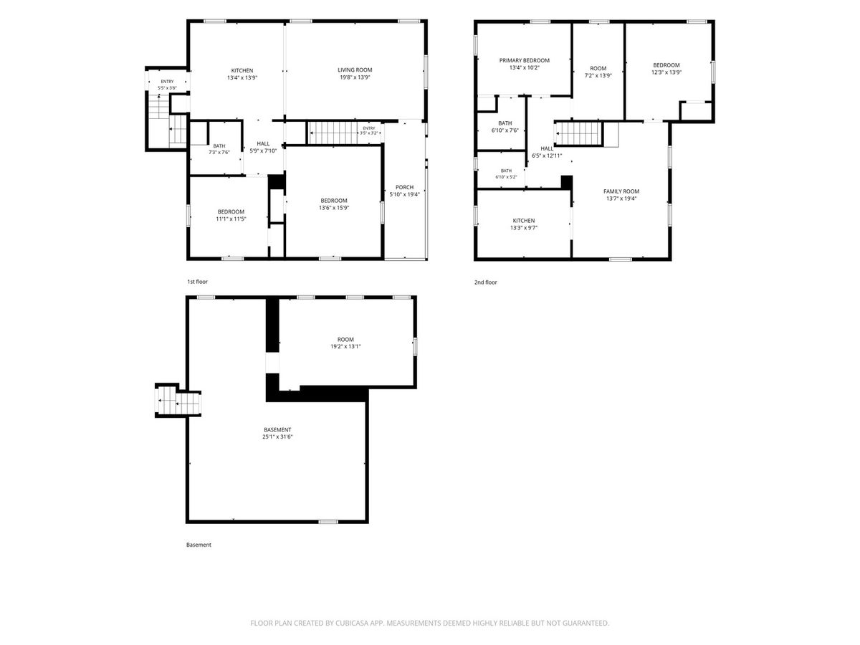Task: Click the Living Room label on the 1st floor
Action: (x=355, y=70)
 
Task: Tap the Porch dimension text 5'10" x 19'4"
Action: (x=404, y=194)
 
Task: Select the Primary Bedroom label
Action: (x=524, y=60)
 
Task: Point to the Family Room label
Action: (x=621, y=191)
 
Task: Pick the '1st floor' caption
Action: (x=197, y=282)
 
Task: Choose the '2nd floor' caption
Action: (x=485, y=282)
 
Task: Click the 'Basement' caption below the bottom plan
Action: (x=199, y=545)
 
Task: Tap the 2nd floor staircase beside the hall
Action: (x=578, y=133)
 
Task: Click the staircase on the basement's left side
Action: (x=178, y=400)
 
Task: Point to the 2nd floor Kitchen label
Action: (x=523, y=221)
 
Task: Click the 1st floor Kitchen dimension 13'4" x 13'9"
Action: (x=242, y=77)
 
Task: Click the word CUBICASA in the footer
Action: (x=352, y=623)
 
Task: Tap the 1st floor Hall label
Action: (x=263, y=144)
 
